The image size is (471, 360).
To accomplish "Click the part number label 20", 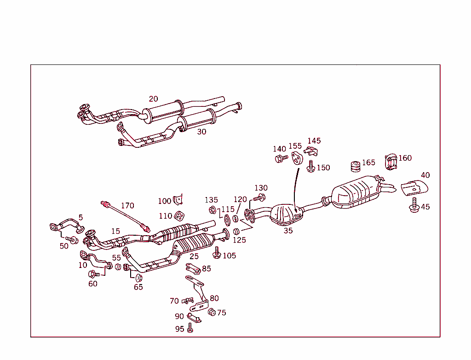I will (x=153, y=99).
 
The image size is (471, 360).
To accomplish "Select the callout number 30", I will (x=201, y=132).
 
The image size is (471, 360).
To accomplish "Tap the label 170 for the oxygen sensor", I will (x=127, y=205).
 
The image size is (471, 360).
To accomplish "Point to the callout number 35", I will (x=288, y=231).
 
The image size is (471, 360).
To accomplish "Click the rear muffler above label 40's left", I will (x=356, y=194).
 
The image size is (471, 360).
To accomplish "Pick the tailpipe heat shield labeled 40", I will (x=416, y=188).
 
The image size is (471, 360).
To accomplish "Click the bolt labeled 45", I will (x=414, y=206).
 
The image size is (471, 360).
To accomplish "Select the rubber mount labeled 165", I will (x=355, y=166).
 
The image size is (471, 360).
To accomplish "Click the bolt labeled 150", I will (x=311, y=167).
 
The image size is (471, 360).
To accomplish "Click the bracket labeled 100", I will (x=178, y=199).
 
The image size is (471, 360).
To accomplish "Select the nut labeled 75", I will (x=212, y=312).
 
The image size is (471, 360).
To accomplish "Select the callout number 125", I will (x=239, y=240).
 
